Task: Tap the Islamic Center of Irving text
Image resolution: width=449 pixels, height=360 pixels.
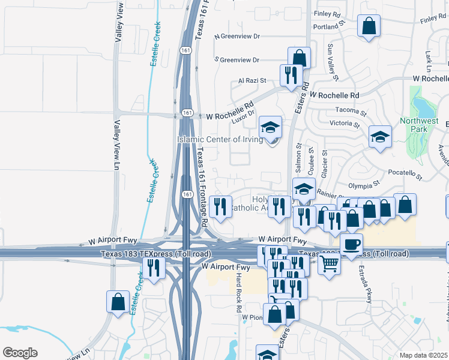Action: pyautogui.click(x=220, y=139)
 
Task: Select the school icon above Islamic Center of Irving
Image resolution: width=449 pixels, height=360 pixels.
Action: pyautogui.click(x=271, y=128)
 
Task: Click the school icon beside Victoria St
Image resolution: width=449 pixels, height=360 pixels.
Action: pyautogui.click(x=380, y=137)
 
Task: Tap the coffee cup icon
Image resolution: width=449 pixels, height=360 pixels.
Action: pyautogui.click(x=351, y=244)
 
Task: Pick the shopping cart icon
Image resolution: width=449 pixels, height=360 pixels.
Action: pyautogui.click(x=329, y=262)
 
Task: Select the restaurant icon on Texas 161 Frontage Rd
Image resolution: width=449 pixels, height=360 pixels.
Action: pyautogui.click(x=221, y=207)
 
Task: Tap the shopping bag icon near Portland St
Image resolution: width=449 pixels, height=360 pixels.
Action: pyautogui.click(x=369, y=26)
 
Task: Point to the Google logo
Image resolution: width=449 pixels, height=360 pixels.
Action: pyautogui.click(x=20, y=353)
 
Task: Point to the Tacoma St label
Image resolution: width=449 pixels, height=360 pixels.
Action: pyautogui.click(x=351, y=112)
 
